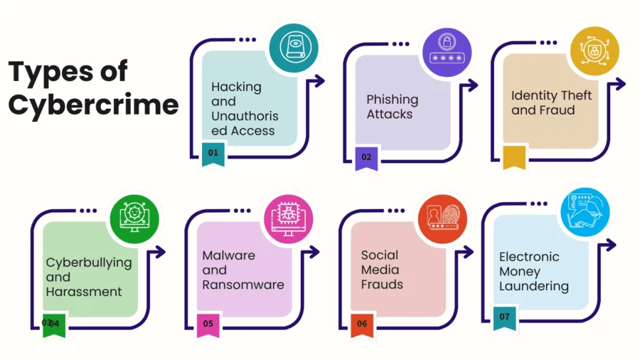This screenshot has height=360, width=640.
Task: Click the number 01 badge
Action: point(213,153)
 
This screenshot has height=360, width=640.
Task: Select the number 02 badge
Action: point(366,157)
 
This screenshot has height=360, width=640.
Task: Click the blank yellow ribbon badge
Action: point(514,158)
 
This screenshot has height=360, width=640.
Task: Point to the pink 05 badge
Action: point(208,324)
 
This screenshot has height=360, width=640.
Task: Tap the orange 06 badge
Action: point(362,324)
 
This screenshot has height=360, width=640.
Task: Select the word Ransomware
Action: point(242,285)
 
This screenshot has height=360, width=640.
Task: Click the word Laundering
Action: point(533,286)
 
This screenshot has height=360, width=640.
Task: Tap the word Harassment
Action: point(84,292)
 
